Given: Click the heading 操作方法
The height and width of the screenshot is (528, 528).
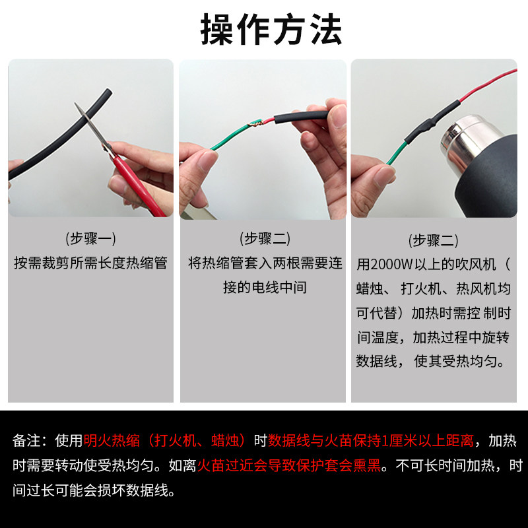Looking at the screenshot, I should coord(271,30).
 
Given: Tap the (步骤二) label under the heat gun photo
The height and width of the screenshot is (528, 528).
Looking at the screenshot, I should coord(434,240).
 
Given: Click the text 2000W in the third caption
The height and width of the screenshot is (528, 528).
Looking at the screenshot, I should coord(394,265).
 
